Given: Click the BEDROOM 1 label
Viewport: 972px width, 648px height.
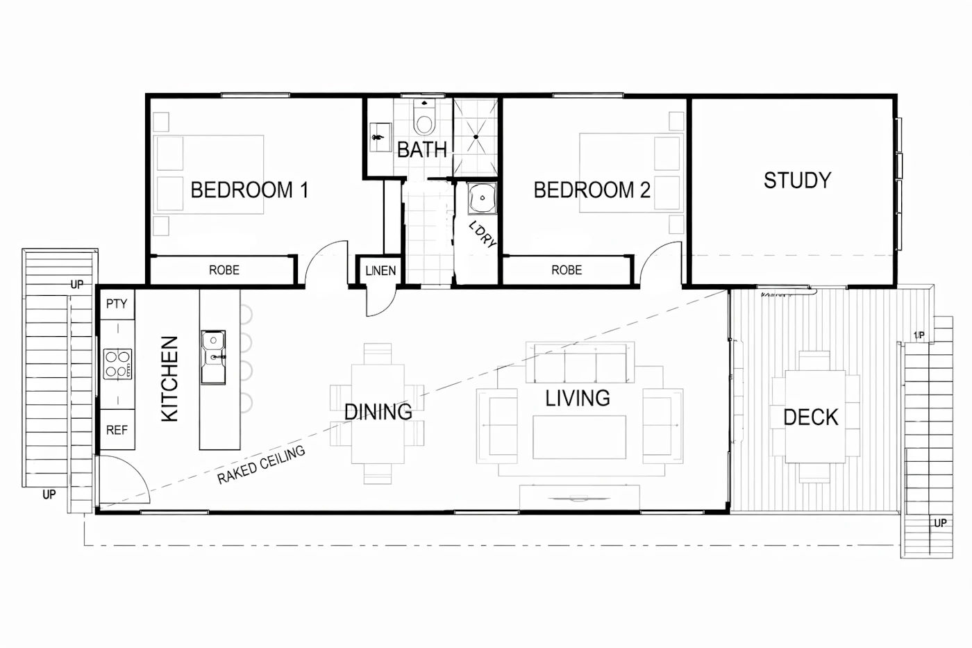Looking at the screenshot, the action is [x=249, y=190].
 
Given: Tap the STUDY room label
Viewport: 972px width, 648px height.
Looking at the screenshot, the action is [x=797, y=181].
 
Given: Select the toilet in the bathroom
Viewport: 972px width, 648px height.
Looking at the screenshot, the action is [x=424, y=117].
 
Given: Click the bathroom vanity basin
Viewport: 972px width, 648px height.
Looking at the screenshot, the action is [x=380, y=137].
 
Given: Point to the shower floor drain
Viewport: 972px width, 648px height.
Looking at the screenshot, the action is [x=476, y=137].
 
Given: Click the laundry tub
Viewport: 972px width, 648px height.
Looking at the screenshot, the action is [x=482, y=199].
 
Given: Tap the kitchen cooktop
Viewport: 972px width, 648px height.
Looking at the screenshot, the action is [x=117, y=364].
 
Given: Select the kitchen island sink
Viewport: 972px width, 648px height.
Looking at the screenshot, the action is [x=213, y=357].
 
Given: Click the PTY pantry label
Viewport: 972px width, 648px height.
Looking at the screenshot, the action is [x=117, y=304].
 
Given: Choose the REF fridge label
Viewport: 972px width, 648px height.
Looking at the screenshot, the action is [x=117, y=430].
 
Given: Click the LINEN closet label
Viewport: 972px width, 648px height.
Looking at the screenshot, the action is [x=380, y=271].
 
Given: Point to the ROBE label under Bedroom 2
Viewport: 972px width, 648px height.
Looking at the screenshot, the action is [x=567, y=270].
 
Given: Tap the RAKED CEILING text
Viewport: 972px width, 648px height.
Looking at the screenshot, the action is [x=261, y=465].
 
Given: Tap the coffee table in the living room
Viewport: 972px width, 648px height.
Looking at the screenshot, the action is [x=579, y=437].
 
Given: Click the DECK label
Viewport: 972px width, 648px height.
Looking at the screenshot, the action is [x=811, y=417].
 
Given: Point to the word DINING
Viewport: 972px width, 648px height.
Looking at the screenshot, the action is [x=378, y=412].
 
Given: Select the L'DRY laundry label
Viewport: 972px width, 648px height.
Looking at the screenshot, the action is [x=483, y=234].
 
